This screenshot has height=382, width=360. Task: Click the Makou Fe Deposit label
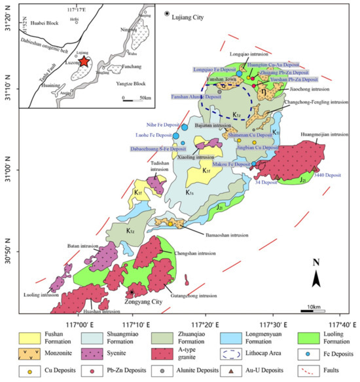point(231,164)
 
